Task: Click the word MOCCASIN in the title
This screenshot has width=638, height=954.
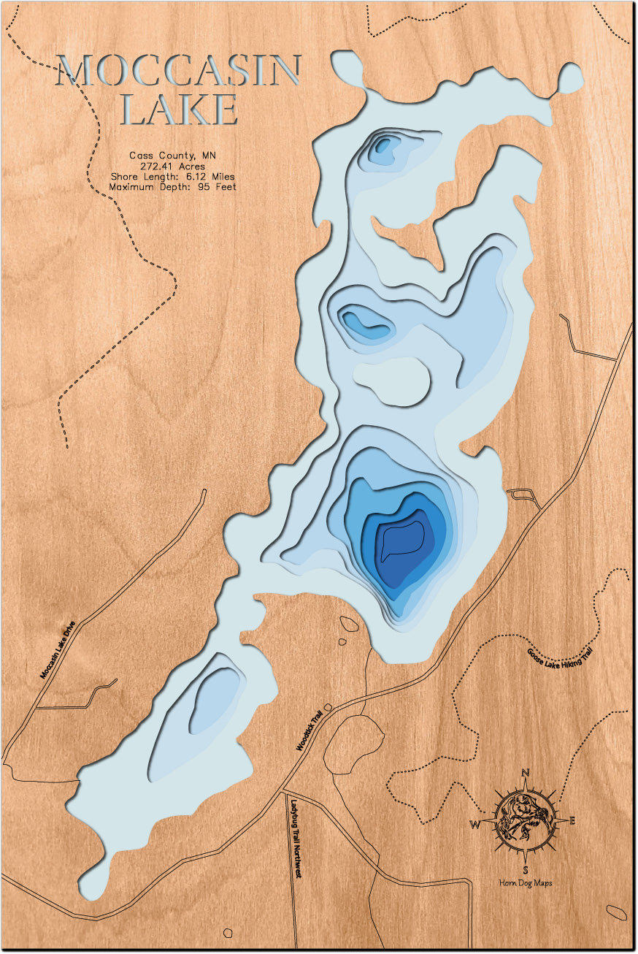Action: tap(179, 71)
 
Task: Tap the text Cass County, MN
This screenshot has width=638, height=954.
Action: tap(173, 156)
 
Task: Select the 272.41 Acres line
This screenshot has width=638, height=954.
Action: tap(173, 166)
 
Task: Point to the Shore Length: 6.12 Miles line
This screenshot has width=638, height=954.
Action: tap(173, 176)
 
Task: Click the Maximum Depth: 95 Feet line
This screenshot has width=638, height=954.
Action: tap(173, 187)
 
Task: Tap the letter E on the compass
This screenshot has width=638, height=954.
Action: tap(572, 820)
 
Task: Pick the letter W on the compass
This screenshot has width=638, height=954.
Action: tap(475, 825)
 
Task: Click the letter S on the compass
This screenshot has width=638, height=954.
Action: tap(526, 869)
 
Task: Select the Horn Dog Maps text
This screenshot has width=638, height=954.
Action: tap(526, 884)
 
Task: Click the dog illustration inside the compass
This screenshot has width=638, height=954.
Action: tap(523, 820)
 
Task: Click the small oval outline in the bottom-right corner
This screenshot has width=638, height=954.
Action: tap(617, 912)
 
